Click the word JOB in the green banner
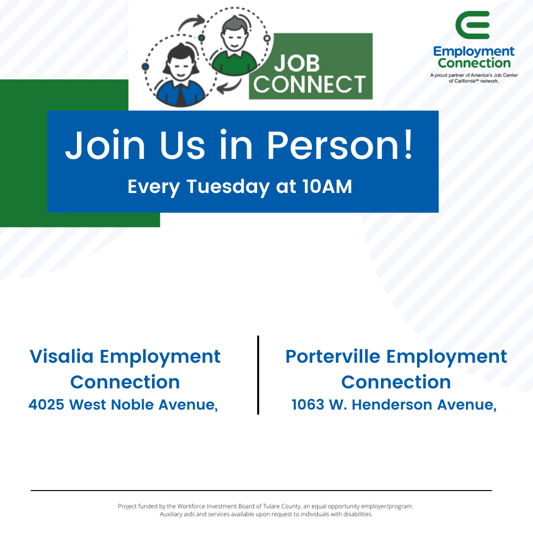point(297,63)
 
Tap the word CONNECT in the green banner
point(310,84)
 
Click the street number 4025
point(46,405)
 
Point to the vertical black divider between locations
point(258,375)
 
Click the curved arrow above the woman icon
point(191,23)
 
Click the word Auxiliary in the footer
point(172,514)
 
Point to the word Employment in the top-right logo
point(474,51)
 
